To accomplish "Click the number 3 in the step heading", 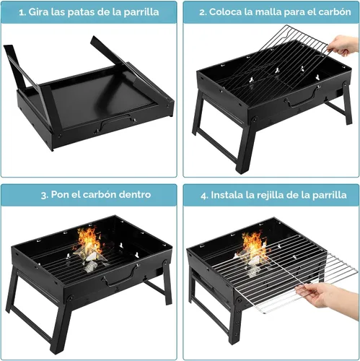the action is [x=43, y=195].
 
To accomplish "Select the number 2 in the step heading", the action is [x=202, y=12].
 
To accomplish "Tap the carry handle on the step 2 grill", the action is [x=302, y=99].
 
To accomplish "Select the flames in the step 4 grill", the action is [x=254, y=245].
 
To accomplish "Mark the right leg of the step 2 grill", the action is [x=347, y=103].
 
